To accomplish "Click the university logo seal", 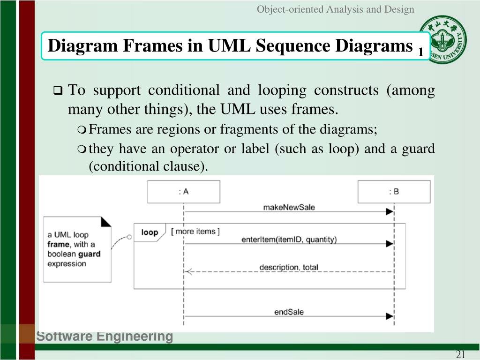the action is pyautogui.click(x=443, y=40).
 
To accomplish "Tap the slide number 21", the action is pyautogui.click(x=460, y=354).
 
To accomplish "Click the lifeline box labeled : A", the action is pyautogui.click(x=184, y=192).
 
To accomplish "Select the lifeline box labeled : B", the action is pyautogui.click(x=394, y=192).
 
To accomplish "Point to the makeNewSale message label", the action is pyautogui.click(x=289, y=207).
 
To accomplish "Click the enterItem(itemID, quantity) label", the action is pyautogui.click(x=289, y=240).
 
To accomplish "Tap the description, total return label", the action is pyautogui.click(x=289, y=268).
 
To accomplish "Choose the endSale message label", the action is pyautogui.click(x=289, y=312).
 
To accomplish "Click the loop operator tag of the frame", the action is pyautogui.click(x=150, y=232).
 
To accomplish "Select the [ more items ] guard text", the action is pyautogui.click(x=195, y=231).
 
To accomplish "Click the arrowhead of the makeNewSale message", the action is pyautogui.click(x=389, y=212).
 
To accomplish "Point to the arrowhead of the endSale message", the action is pyautogui.click(x=389, y=316).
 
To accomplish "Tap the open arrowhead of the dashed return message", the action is pyautogui.click(x=188, y=272).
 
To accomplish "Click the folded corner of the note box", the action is pyautogui.click(x=106, y=221).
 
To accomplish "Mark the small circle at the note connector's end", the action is pyautogui.click(x=129, y=236).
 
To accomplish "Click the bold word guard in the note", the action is pyautogui.click(x=89, y=254).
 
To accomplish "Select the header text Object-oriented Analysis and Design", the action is pyautogui.click(x=335, y=9).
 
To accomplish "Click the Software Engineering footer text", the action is pyautogui.click(x=105, y=337).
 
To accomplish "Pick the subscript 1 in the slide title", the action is pyautogui.click(x=421, y=52).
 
